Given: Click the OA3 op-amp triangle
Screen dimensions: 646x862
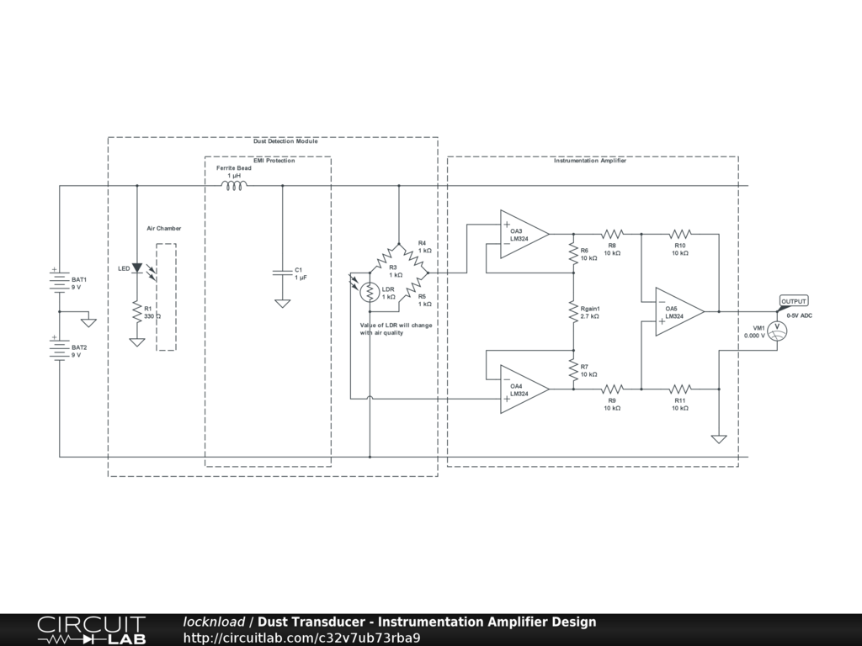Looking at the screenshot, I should coord(522,234).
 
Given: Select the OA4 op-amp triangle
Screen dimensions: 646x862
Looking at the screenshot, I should coord(522,389).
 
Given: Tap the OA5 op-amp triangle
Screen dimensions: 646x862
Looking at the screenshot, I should coord(678,311).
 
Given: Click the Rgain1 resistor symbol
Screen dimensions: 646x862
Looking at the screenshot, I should coord(573,311).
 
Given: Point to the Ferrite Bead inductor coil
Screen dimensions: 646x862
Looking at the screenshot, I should coord(233,185).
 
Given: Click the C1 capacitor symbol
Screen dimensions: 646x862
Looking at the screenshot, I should coord(282,273).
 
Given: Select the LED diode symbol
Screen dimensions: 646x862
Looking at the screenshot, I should coord(136,268).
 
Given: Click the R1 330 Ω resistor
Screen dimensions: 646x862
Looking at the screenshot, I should coord(136,312).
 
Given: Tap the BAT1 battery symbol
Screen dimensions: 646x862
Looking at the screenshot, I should coord(59,283).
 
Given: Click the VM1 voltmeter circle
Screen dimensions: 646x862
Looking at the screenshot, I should coord(779,331).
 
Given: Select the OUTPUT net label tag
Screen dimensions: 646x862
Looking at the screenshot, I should coord(793,301).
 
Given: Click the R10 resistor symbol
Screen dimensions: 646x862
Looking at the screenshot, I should coord(679,234).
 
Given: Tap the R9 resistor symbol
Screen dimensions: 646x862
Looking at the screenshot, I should coord(612,389).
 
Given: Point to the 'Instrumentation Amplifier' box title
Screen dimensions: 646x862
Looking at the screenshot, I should coord(589,161).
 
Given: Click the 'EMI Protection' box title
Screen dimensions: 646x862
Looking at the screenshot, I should coord(269,161).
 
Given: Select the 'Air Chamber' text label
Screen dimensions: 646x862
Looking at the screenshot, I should coord(164,228).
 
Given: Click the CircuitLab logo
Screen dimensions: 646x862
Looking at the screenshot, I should coord(91,630).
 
